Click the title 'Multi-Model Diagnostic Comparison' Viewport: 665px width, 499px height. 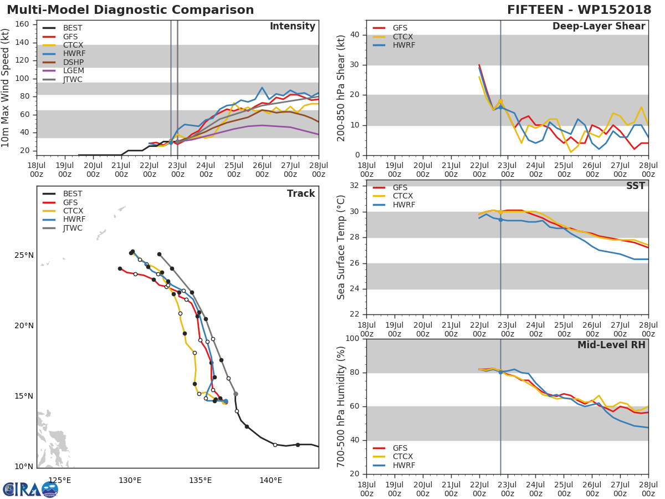tap(130, 10)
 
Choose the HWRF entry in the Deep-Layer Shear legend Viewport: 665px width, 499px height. tap(403, 45)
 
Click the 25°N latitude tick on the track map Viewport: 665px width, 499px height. tap(24, 256)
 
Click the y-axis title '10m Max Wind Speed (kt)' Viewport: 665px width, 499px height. tap(6, 88)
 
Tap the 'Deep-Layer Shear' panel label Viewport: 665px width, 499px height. tap(598, 27)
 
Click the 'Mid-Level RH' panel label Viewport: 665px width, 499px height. tap(611, 345)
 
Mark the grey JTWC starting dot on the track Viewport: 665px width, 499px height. tap(236, 394)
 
